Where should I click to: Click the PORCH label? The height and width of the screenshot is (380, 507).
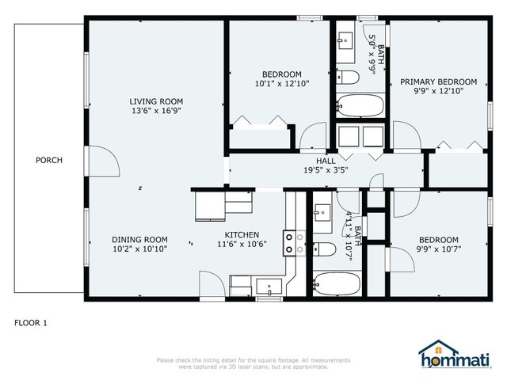(x=49, y=160)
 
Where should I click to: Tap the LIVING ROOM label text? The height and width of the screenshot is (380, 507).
(x=156, y=101)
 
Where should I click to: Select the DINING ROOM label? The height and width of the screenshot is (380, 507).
(x=139, y=240)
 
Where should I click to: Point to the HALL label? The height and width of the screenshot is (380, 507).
(x=326, y=160)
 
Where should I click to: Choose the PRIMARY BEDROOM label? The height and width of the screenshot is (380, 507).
(x=438, y=82)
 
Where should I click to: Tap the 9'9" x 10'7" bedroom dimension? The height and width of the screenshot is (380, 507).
(x=438, y=249)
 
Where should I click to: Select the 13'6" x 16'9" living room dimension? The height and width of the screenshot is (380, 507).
(x=156, y=111)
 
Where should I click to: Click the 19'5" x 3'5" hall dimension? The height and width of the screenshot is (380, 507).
(x=326, y=169)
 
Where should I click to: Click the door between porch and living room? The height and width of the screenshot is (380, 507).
(x=102, y=162)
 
